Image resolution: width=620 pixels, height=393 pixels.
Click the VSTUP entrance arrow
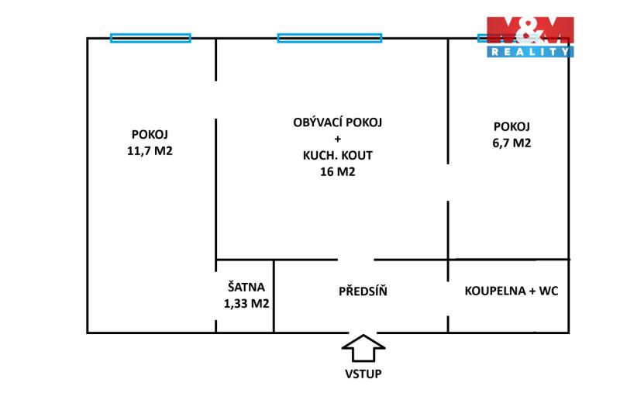click(x=363, y=348)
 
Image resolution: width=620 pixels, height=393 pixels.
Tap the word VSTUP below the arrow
click(x=363, y=374)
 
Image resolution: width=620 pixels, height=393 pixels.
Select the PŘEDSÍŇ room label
click(x=363, y=291)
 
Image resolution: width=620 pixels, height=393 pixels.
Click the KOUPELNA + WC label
click(x=511, y=291)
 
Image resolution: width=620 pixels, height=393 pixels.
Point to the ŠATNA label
click(x=246, y=286)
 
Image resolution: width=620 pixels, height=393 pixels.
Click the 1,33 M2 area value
click(x=246, y=304)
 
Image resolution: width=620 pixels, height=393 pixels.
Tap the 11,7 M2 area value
click(x=150, y=151)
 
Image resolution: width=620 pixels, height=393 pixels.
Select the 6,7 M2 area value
click(x=511, y=143)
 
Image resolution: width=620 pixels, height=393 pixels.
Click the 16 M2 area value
click(x=338, y=171)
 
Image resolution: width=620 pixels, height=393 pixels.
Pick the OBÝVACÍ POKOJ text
click(x=338, y=122)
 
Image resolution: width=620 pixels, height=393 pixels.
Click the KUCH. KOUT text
click(x=338, y=155)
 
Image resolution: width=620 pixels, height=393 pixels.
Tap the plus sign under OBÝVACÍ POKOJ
click(x=337, y=139)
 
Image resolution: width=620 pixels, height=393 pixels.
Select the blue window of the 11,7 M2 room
click(x=150, y=38)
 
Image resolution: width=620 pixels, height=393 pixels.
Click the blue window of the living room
click(x=330, y=38)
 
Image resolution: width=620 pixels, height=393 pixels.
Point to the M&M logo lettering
click(x=530, y=30)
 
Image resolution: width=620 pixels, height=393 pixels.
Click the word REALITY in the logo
click(x=530, y=52)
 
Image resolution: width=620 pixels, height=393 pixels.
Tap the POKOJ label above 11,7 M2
click(x=150, y=134)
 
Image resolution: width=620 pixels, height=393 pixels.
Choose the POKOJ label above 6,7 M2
click(x=511, y=126)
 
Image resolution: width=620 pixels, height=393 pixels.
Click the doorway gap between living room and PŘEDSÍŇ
click(x=356, y=260)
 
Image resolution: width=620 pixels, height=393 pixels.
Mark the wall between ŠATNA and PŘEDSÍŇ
click(x=274, y=296)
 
